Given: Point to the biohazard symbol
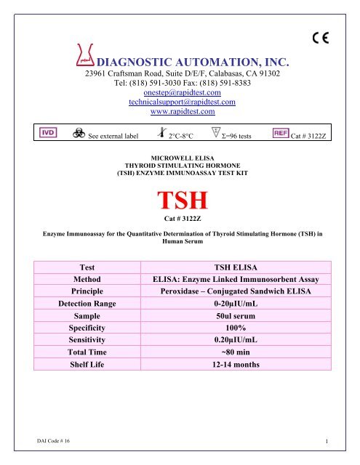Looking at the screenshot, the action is pyautogui.click(x=74, y=135).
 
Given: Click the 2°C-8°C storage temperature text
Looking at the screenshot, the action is pyautogui.click(x=185, y=136).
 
